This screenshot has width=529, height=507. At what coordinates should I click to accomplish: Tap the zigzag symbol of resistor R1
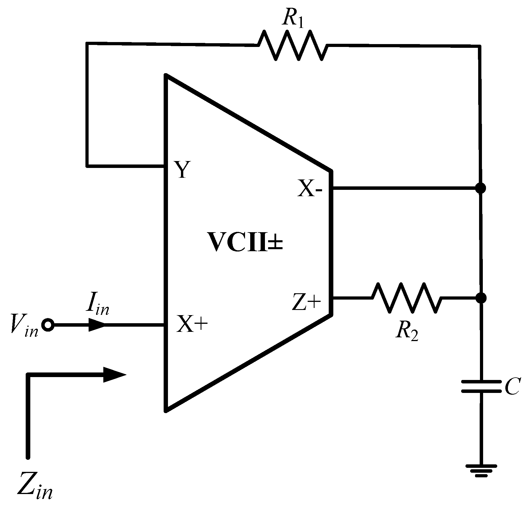pyautogui.click(x=293, y=46)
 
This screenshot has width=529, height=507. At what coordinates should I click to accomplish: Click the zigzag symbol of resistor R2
pyautogui.click(x=406, y=298)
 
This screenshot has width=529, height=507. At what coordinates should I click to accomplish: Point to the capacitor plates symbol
pyautogui.click(x=481, y=386)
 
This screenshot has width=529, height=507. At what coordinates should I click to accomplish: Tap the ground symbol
pyautogui.click(x=481, y=475)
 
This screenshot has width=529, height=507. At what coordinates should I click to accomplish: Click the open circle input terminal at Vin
pyautogui.click(x=48, y=325)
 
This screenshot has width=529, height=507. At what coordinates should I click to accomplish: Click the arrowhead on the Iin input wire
pyautogui.click(x=97, y=325)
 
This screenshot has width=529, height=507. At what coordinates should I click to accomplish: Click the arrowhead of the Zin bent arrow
pyautogui.click(x=114, y=375)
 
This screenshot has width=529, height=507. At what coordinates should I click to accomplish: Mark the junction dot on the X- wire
pyautogui.click(x=481, y=188)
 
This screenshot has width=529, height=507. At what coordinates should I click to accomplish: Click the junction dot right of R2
pyautogui.click(x=481, y=298)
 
